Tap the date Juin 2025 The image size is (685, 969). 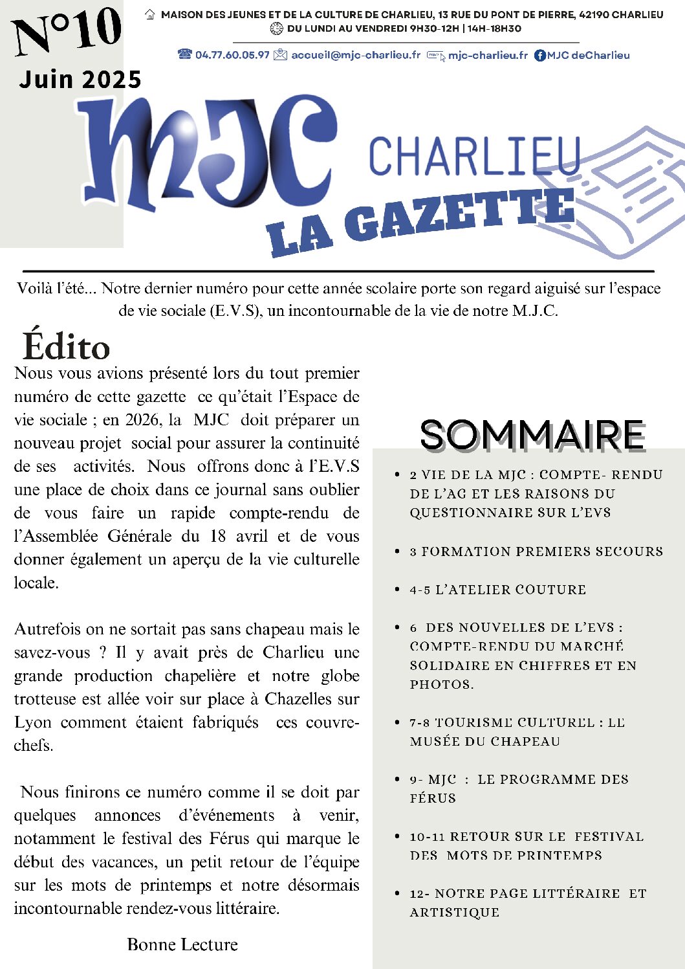point(80,80)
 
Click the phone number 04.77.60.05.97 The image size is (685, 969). point(232,55)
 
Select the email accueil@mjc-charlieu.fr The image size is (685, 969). point(356,55)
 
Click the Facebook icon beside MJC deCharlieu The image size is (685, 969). point(540,56)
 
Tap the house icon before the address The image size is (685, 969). point(150,14)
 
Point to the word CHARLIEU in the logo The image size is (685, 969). point(474,157)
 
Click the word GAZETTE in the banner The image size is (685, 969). point(459,216)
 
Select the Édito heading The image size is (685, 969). point(67,346)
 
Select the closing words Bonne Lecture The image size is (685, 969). point(182,944)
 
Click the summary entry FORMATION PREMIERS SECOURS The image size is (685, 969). point(542,551)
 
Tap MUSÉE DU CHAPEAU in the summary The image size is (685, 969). point(485,741)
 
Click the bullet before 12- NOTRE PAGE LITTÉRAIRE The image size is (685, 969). point(397,893)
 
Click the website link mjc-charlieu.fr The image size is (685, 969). point(488,55)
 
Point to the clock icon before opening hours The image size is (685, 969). point(276,28)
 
